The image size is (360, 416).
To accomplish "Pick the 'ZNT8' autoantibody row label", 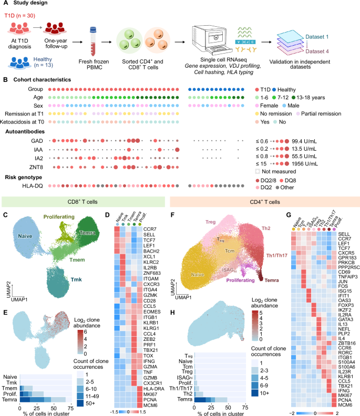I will [35, 166].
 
